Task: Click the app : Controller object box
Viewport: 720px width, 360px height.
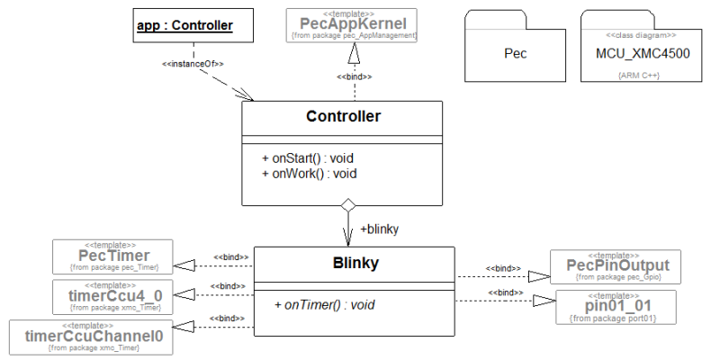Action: click(184, 26)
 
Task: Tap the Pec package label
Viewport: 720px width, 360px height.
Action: click(515, 53)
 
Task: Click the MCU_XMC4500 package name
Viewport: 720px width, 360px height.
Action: click(643, 54)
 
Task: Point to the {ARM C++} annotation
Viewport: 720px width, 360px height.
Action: click(639, 76)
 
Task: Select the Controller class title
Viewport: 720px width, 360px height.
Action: click(343, 117)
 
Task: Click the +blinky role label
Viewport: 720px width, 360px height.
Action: click(379, 229)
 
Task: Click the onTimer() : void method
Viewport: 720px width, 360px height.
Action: click(324, 305)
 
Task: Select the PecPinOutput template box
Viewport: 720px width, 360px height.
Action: click(612, 265)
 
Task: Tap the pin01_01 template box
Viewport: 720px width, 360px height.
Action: click(612, 306)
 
